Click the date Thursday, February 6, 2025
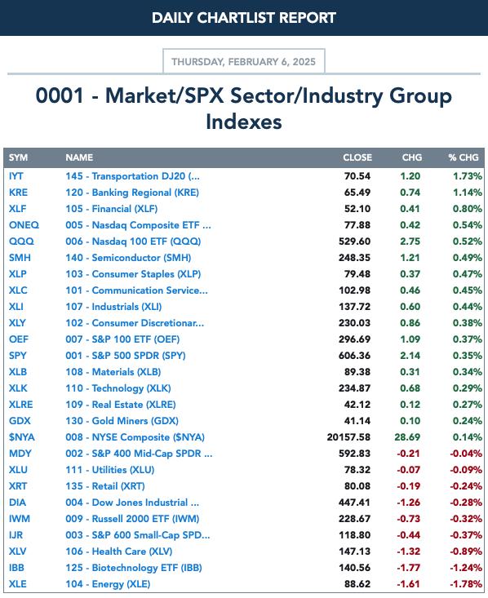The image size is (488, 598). pos(243,62)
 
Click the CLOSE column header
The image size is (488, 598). pos(357,157)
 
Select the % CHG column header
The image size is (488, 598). pos(464,157)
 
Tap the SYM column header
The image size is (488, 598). pos(18,157)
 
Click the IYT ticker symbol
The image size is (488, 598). pos(16,176)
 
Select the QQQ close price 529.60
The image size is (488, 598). pos(354,241)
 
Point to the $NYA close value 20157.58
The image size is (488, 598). pos(348,437)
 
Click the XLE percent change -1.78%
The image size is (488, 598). pos(466,584)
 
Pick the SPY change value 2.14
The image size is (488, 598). pos(410,356)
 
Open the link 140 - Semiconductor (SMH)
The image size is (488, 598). pos(128,258)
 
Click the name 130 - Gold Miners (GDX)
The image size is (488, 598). pos(122,421)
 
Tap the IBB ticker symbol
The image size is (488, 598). pos(16,568)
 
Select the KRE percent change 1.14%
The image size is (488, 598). pos(468,193)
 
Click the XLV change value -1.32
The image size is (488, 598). pos(409,551)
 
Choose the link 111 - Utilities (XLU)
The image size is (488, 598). pos(110,470)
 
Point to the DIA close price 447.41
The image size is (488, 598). pos(354,503)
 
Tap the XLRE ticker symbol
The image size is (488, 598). pos(21,405)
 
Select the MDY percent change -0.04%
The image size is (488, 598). pos(466,454)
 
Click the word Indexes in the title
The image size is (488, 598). pos(244,122)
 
